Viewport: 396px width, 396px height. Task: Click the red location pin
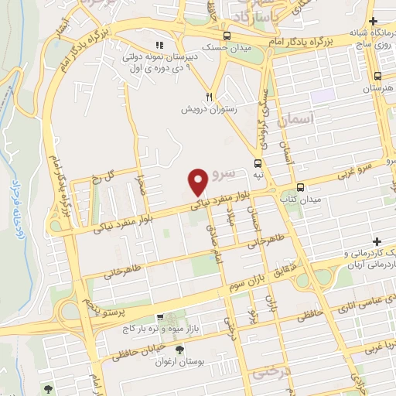[198, 182]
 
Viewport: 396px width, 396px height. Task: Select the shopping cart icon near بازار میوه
[160, 317]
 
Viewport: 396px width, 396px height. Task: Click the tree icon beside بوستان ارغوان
[180, 350]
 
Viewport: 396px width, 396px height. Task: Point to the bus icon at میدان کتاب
[300, 186]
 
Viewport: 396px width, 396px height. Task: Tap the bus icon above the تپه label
[258, 163]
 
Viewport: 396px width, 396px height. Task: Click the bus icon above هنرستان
[377, 76]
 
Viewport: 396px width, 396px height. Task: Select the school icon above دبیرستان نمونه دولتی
[159, 46]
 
